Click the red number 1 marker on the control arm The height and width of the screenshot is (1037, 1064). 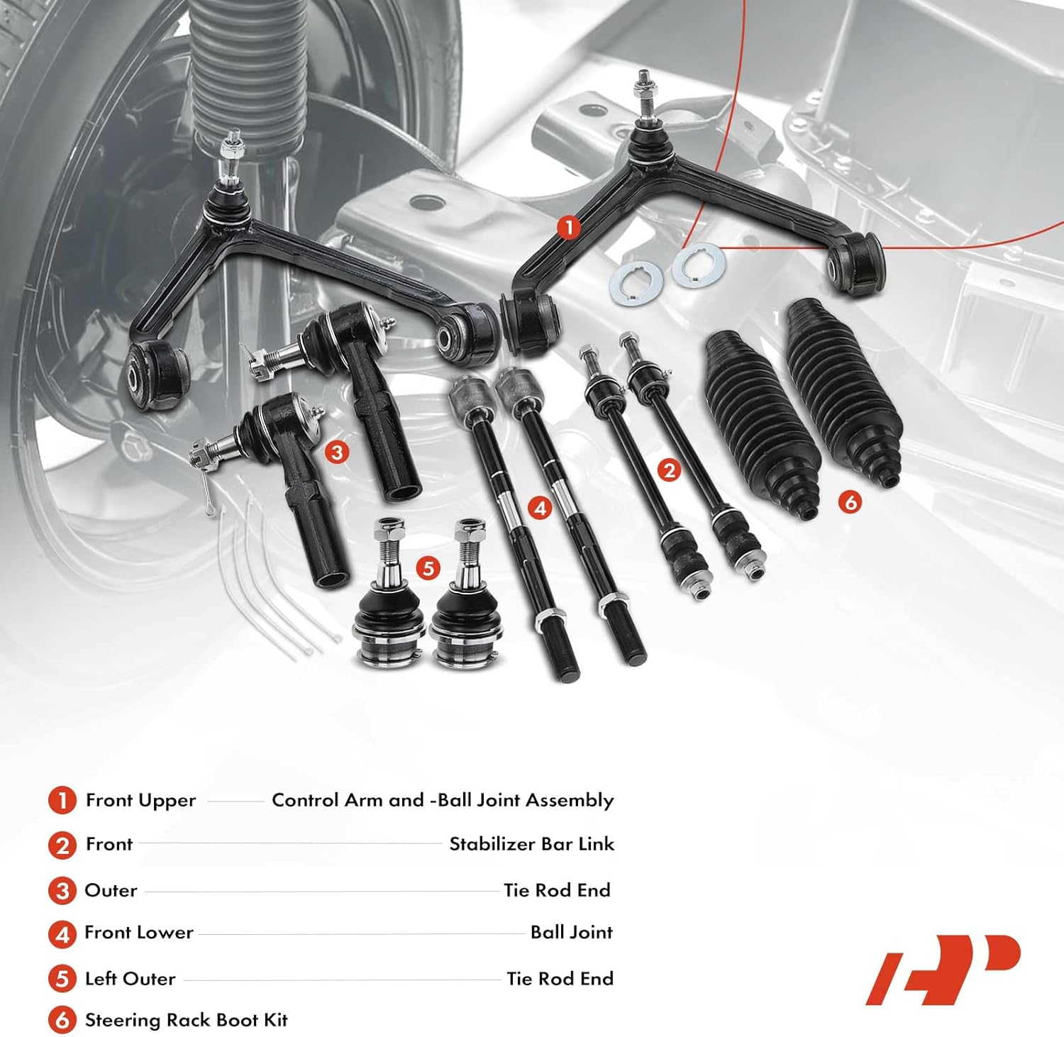coord(568,228)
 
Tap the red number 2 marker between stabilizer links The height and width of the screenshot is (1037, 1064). coord(668,470)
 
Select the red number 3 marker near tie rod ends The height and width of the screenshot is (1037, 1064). coord(336,453)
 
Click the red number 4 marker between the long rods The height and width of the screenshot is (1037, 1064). coord(541,508)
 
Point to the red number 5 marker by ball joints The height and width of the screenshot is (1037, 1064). coord(427,567)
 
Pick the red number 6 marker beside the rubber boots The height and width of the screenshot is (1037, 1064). coord(850,502)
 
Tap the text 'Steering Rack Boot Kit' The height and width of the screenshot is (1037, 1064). coord(186,1020)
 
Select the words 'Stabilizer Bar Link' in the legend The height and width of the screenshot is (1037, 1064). coord(531,844)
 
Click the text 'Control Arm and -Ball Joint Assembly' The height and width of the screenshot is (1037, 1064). coord(443,800)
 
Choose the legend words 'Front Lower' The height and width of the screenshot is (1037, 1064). coord(138,933)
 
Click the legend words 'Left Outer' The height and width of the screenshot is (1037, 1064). coord(130,979)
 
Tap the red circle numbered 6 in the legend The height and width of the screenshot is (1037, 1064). coord(62,1021)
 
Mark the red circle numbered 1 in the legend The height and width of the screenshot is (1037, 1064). coord(62,801)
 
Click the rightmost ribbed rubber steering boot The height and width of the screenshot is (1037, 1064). coord(844,390)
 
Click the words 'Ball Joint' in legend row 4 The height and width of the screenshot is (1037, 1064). coord(571,933)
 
